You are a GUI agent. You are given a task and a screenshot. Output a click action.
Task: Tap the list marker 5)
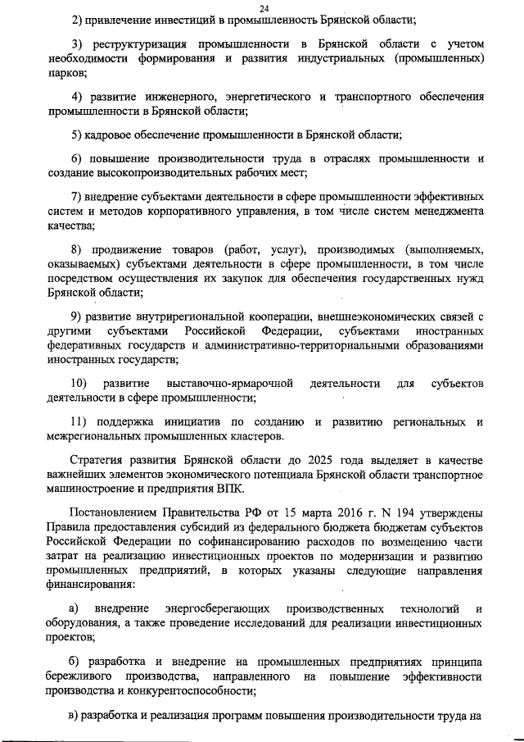coord(78,134)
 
